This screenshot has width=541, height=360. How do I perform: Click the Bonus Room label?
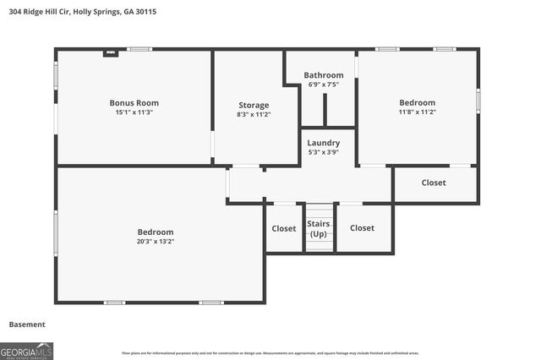click(134, 102)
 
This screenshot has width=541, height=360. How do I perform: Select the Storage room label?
click(254, 105)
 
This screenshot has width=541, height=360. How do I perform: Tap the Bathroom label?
click(324, 75)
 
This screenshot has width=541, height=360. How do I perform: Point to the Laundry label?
click(324, 143)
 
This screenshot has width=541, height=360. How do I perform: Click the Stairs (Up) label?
click(319, 228)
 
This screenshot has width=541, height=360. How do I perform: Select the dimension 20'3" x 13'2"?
click(156, 241)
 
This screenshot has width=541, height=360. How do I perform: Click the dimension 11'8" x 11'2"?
click(418, 112)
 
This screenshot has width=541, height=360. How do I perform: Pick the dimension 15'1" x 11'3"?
click(134, 112)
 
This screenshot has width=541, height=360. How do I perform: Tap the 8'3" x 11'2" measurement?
click(254, 114)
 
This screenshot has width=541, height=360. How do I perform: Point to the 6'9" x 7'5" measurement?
click(324, 85)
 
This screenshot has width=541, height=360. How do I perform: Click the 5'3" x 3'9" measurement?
click(324, 152)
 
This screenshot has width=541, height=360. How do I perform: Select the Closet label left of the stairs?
click(284, 228)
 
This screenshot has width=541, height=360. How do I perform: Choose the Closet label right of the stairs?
click(362, 227)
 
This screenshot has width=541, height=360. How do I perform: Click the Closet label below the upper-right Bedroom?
click(434, 183)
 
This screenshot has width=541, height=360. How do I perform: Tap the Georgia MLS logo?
click(27, 351)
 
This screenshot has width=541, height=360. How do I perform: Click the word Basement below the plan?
click(27, 325)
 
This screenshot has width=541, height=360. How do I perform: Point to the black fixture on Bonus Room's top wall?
click(110, 52)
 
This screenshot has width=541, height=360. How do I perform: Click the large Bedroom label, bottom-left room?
click(156, 232)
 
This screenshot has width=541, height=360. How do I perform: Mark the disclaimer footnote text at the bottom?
click(270, 353)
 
